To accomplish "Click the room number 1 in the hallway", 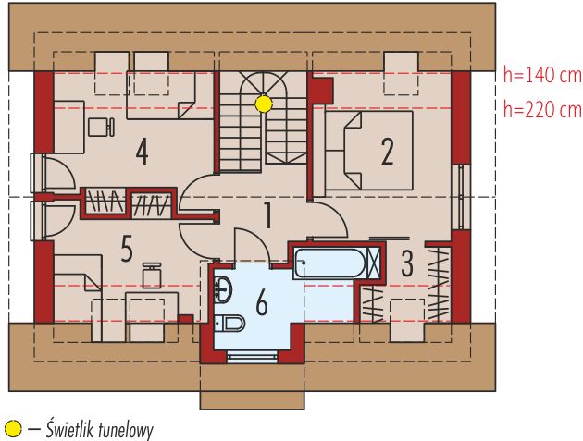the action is [267, 215].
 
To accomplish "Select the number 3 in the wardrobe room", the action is [407, 263].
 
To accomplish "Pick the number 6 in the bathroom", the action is [262, 303].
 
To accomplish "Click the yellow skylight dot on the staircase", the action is [264, 104].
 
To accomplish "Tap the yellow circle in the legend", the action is [13, 429].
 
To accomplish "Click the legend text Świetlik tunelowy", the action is [99, 430].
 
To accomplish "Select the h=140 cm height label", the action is [542, 76].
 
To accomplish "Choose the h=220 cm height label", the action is [542, 110].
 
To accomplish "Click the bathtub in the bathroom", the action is [329, 263].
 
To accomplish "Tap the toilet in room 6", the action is [229, 323].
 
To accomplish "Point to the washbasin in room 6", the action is [223, 290].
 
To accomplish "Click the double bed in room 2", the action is [369, 151].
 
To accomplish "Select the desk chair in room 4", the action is [101, 127].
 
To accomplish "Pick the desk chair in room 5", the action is [152, 276].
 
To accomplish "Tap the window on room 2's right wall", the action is [461, 197].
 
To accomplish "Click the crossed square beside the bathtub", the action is [374, 263].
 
